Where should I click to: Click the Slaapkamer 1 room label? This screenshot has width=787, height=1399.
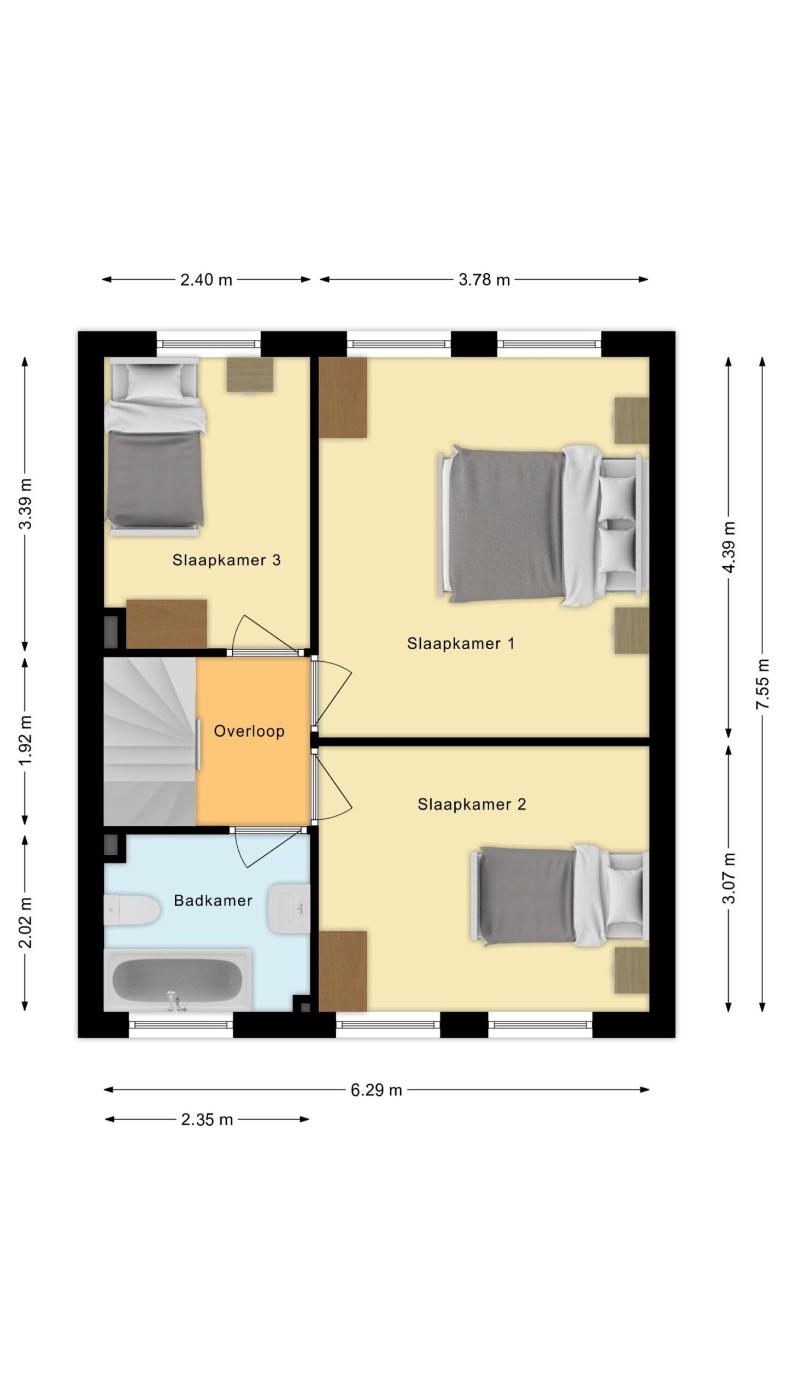(x=461, y=643)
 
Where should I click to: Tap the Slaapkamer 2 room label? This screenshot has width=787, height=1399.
(x=472, y=804)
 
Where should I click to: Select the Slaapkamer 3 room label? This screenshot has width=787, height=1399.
(x=226, y=560)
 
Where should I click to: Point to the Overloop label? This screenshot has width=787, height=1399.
(x=249, y=731)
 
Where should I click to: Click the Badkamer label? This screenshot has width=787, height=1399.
(x=213, y=901)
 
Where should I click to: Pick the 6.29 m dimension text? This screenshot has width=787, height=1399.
(x=377, y=1090)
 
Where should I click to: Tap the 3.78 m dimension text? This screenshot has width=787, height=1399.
(x=484, y=280)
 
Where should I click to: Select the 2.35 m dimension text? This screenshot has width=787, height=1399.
(x=207, y=1120)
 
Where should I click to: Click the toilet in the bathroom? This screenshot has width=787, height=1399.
(x=132, y=910)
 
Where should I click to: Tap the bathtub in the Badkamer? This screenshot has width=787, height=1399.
(x=178, y=980)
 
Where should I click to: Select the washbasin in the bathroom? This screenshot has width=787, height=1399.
(x=289, y=909)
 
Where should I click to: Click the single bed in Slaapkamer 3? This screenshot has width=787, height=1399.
(x=155, y=446)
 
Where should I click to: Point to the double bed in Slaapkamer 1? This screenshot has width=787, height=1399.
(x=543, y=526)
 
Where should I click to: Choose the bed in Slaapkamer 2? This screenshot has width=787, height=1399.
(x=559, y=896)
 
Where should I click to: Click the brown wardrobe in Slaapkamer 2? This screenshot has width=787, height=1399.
(x=343, y=971)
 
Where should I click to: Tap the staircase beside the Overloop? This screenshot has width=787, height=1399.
(x=150, y=741)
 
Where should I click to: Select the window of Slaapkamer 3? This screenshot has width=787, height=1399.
(x=209, y=344)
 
